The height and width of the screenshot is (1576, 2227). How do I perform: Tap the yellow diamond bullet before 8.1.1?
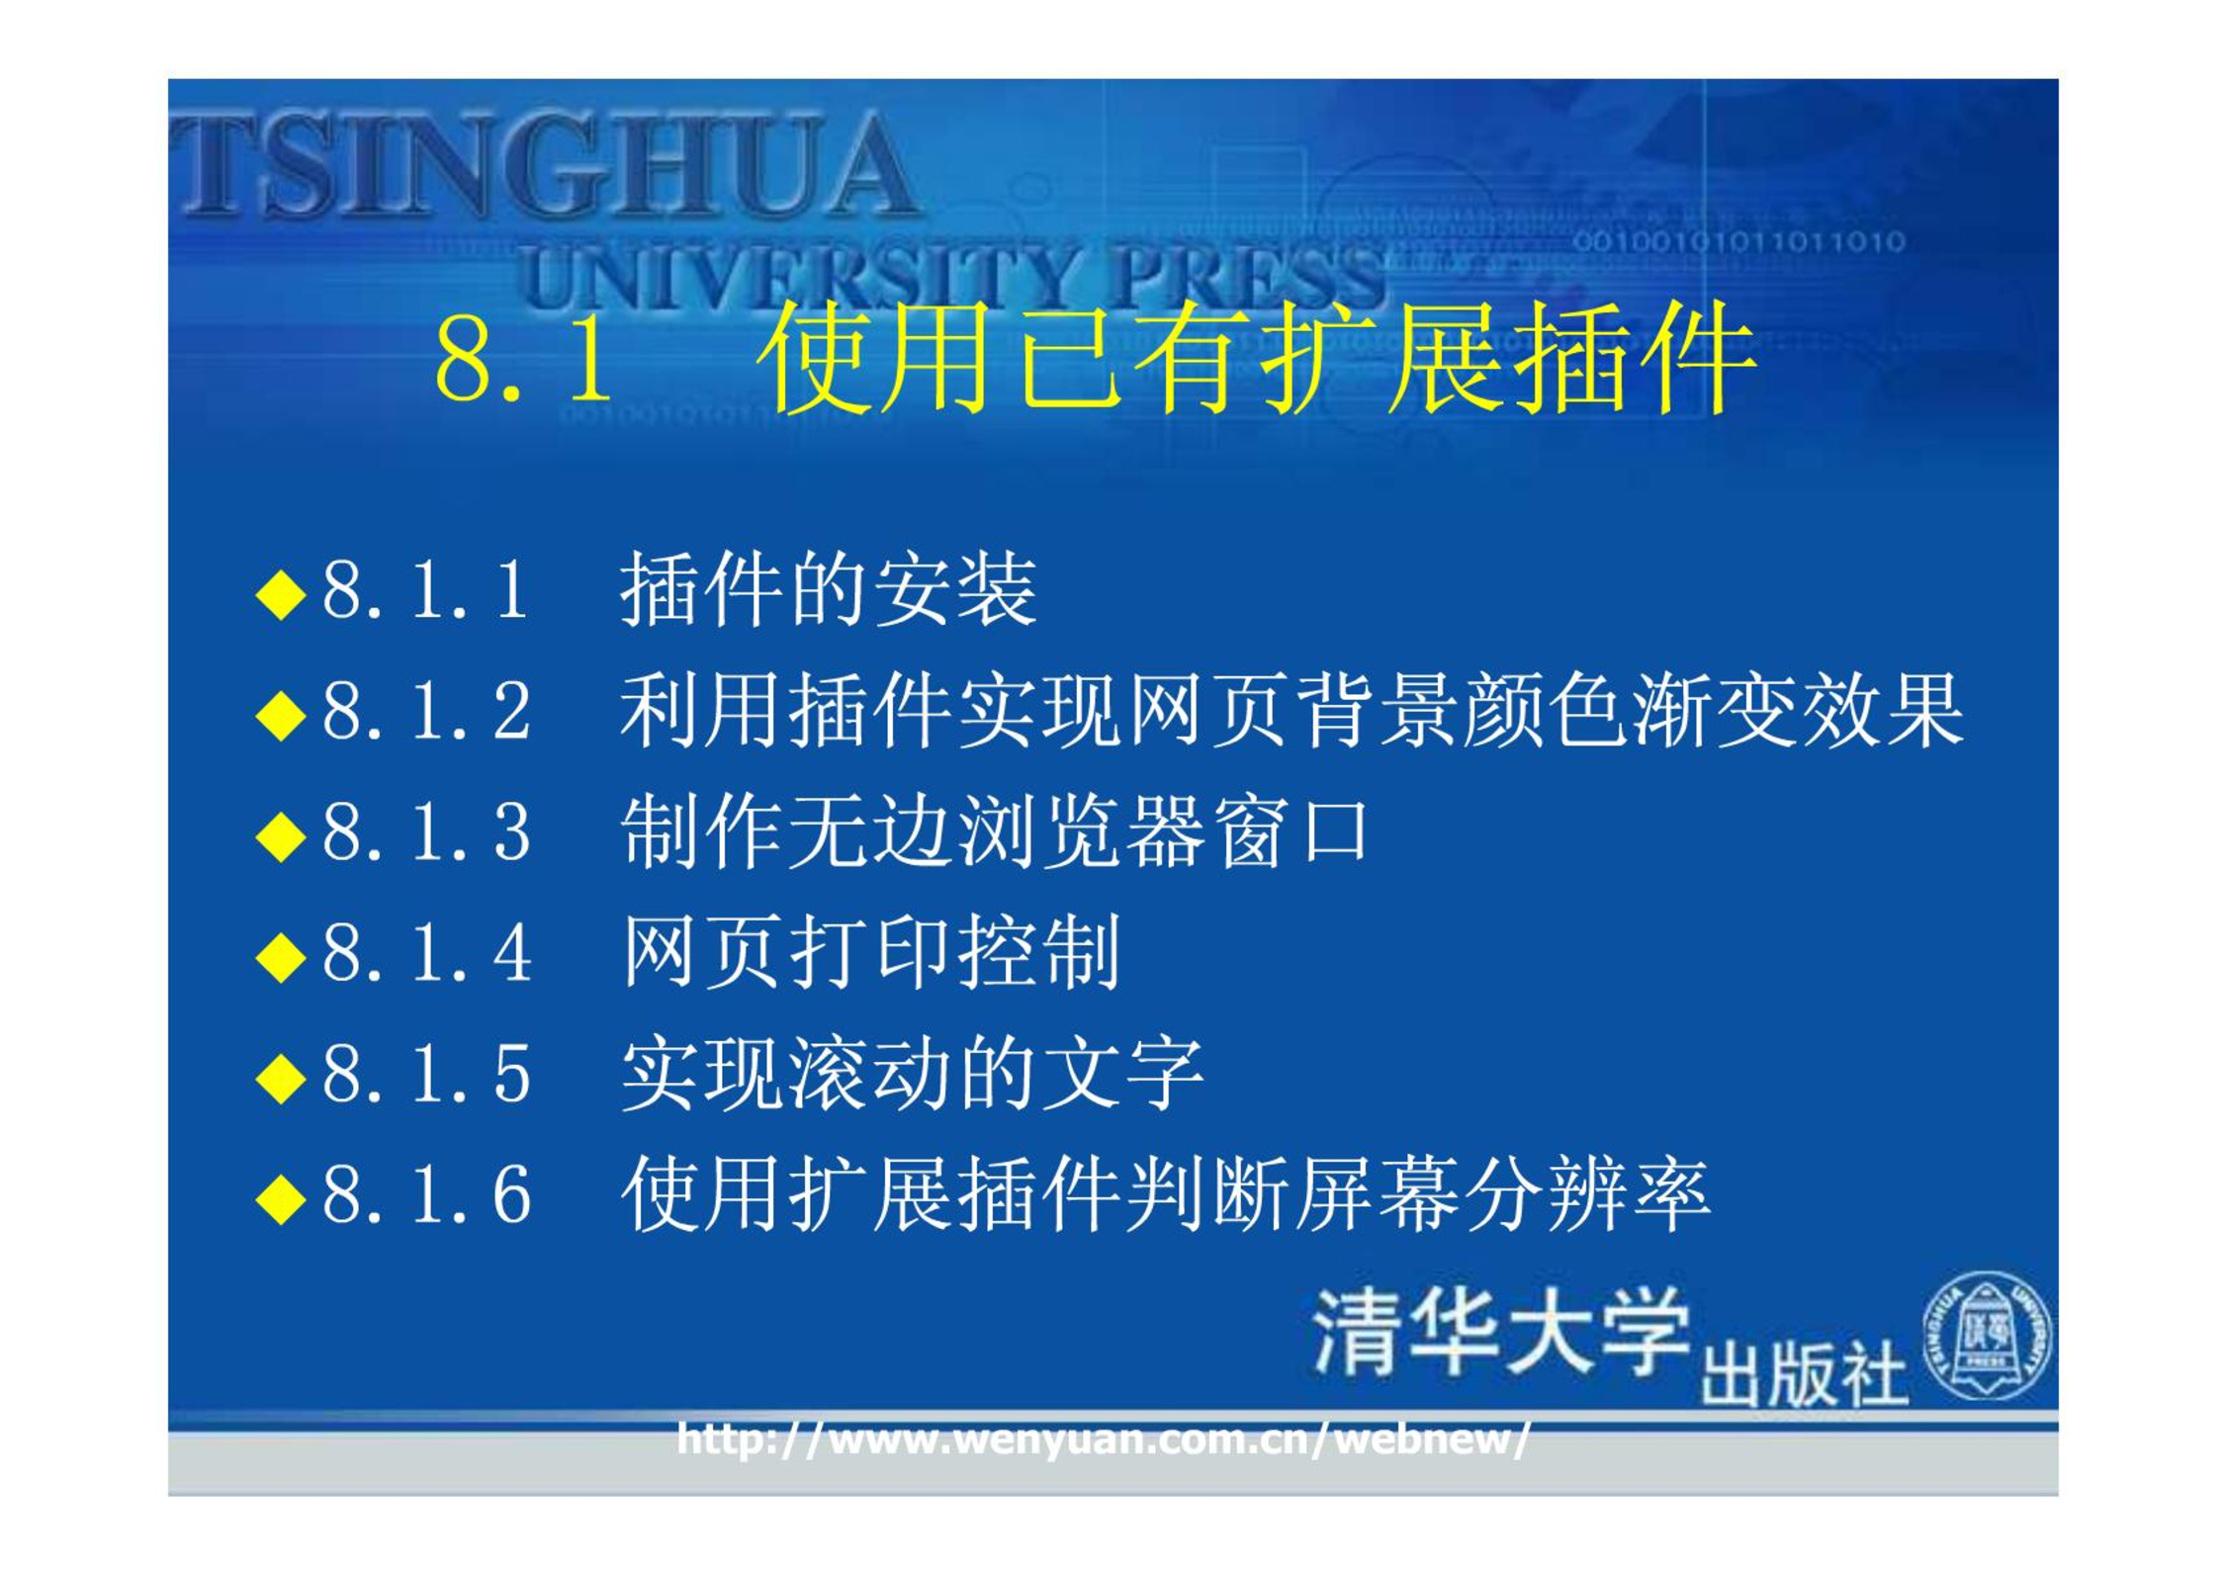point(281,594)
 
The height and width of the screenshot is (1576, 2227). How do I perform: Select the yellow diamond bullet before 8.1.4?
point(281,957)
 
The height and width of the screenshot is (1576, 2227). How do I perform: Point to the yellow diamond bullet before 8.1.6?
point(281,1199)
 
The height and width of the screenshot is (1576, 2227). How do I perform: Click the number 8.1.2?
point(426,711)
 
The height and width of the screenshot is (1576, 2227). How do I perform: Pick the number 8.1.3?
point(426,832)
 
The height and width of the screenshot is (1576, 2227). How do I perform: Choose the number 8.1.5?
point(426,1075)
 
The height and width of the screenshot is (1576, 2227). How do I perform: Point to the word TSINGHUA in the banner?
point(544,165)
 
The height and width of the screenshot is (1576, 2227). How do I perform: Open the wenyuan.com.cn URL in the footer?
point(1104,1440)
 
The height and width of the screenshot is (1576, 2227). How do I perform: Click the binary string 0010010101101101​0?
point(1738,242)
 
